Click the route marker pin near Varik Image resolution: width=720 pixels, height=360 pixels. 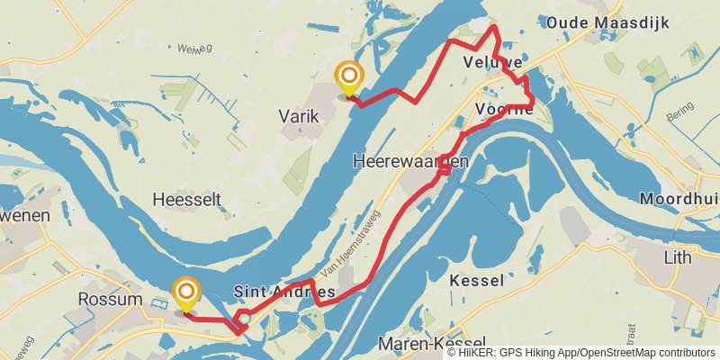click(348, 77)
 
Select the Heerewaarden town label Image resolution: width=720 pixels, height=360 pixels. click(411, 160)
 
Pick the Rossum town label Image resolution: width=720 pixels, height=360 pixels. click(111, 299)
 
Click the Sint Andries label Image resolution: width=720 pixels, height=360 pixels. click(284, 292)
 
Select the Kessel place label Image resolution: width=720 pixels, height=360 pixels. click(476, 281)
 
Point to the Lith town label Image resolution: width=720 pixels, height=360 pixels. click(677, 258)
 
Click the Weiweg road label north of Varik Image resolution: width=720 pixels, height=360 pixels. click(194, 49)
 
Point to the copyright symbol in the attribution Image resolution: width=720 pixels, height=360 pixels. click(452, 353)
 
